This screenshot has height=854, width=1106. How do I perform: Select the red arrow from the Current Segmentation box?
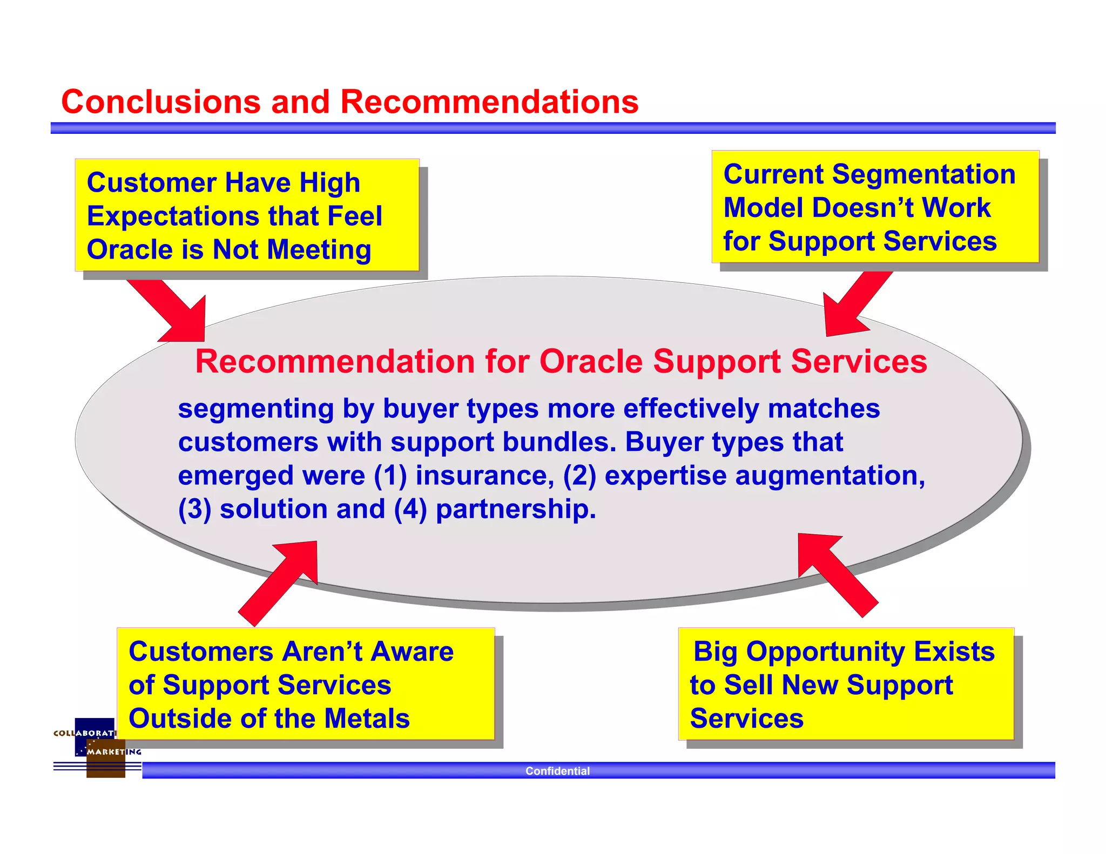[853, 305]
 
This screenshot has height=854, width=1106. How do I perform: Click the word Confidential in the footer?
[557, 771]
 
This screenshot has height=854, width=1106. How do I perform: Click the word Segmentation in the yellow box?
[923, 174]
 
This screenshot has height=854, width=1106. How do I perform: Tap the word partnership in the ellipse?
[515, 509]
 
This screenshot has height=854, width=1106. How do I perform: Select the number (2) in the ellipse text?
[579, 476]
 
